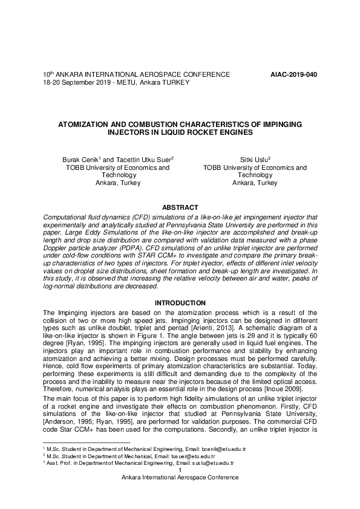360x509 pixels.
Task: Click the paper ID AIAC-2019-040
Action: pyautogui.click(x=293, y=74)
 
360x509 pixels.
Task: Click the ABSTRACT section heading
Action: pyautogui.click(x=180, y=207)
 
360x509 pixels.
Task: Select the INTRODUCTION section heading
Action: pyautogui.click(x=180, y=302)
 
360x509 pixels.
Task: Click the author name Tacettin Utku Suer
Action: pyautogui.click(x=140, y=159)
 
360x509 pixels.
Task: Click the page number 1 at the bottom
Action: pyautogui.click(x=180, y=469)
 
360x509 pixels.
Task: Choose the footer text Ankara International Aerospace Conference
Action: pyautogui.click(x=180, y=477)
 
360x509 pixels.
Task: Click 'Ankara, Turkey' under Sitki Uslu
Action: pyautogui.click(x=255, y=183)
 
